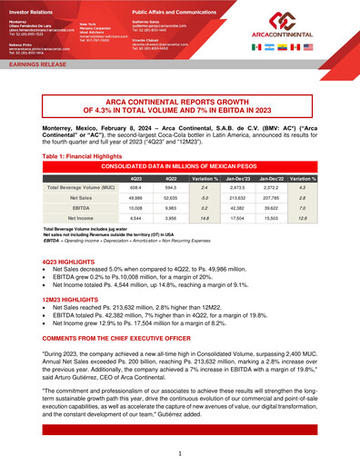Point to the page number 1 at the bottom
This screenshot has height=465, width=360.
coord(180,451)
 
